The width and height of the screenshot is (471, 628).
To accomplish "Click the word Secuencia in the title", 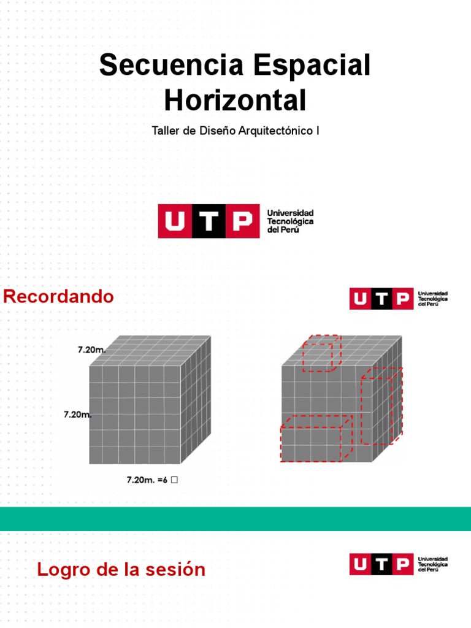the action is (x=172, y=65).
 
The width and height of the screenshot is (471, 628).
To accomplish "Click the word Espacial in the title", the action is (x=312, y=66).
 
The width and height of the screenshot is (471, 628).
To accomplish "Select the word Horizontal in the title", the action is (x=235, y=100).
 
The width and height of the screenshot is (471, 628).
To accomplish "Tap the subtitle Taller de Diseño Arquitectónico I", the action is (x=235, y=131).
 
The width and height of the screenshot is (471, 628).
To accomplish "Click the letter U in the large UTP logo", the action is (x=175, y=221).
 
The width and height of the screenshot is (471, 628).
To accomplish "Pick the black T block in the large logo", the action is (x=209, y=221).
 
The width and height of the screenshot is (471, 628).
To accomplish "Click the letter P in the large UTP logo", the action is (x=242, y=221).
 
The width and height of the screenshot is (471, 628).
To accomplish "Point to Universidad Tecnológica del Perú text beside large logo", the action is (x=290, y=221).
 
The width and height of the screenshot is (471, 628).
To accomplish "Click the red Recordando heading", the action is (x=58, y=296).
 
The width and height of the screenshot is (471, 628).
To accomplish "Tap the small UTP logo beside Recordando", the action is (x=399, y=299).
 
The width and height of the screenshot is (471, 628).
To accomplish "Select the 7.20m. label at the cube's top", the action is (x=92, y=350).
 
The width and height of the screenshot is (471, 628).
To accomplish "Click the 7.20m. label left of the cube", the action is (x=77, y=415).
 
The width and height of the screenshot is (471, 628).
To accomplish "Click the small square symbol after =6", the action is (x=174, y=480).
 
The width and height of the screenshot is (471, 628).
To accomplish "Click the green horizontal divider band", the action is (x=235, y=519).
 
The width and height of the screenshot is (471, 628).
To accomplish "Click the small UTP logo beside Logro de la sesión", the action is (x=399, y=564).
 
